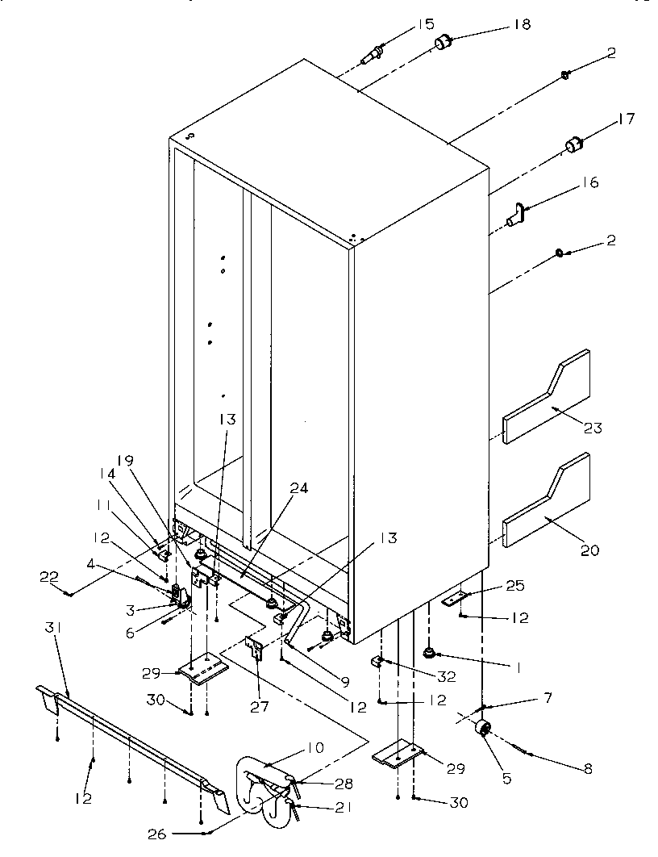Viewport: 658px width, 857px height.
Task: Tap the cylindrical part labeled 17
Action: click(x=573, y=144)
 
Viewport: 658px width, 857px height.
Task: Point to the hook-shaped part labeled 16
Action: click(x=517, y=215)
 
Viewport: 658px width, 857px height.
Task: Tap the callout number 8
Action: click(x=587, y=769)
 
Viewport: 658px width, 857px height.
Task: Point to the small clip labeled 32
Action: click(x=377, y=663)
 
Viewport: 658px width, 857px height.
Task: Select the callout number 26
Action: click(x=160, y=832)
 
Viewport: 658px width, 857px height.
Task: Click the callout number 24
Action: click(x=277, y=487)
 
